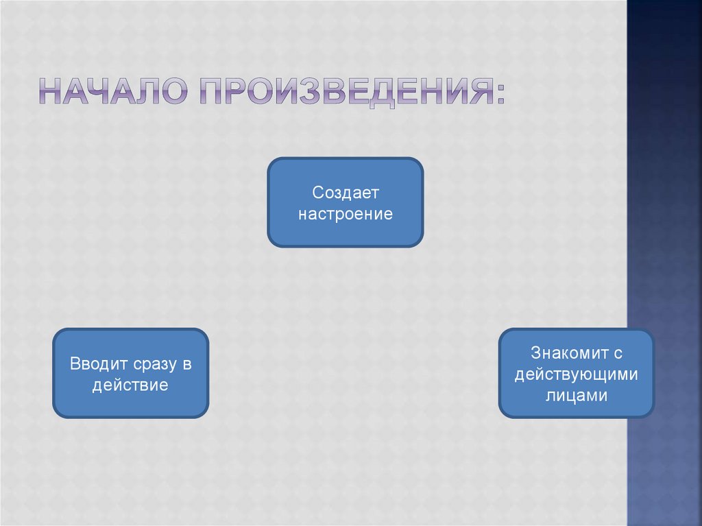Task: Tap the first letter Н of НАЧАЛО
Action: coord(50,92)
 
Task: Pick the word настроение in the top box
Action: coord(345,213)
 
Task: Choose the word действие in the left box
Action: coord(130,385)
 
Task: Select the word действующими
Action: coord(577,374)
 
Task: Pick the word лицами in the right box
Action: coord(577,396)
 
